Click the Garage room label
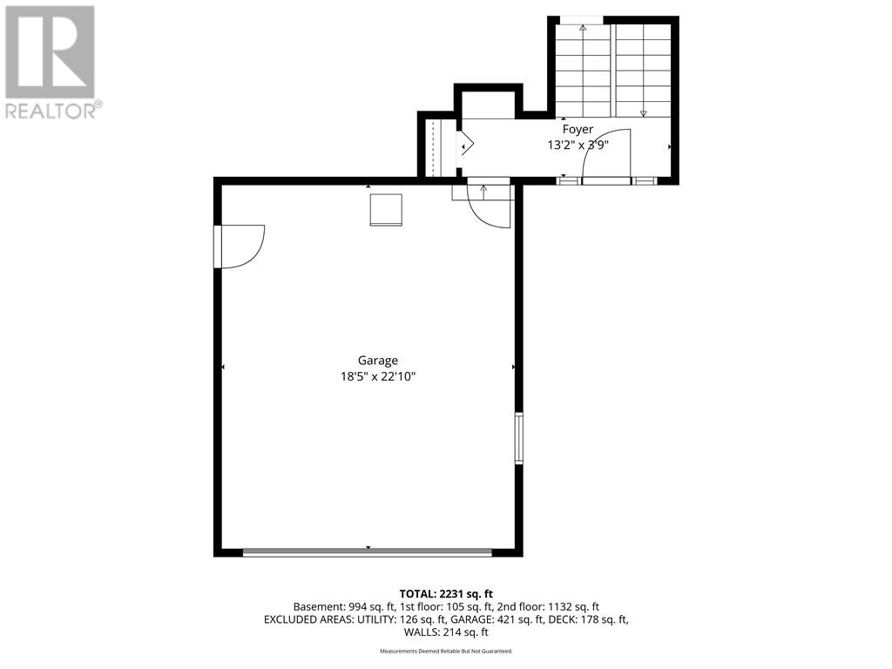point(378,361)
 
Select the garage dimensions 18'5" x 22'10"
point(378,376)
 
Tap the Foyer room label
point(578,130)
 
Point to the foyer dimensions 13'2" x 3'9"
point(578,145)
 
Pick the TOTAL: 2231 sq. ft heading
point(446,594)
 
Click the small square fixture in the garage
point(386,210)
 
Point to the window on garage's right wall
point(519,438)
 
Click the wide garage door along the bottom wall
point(368,551)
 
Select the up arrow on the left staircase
point(583,68)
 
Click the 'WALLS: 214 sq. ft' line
point(446,632)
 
